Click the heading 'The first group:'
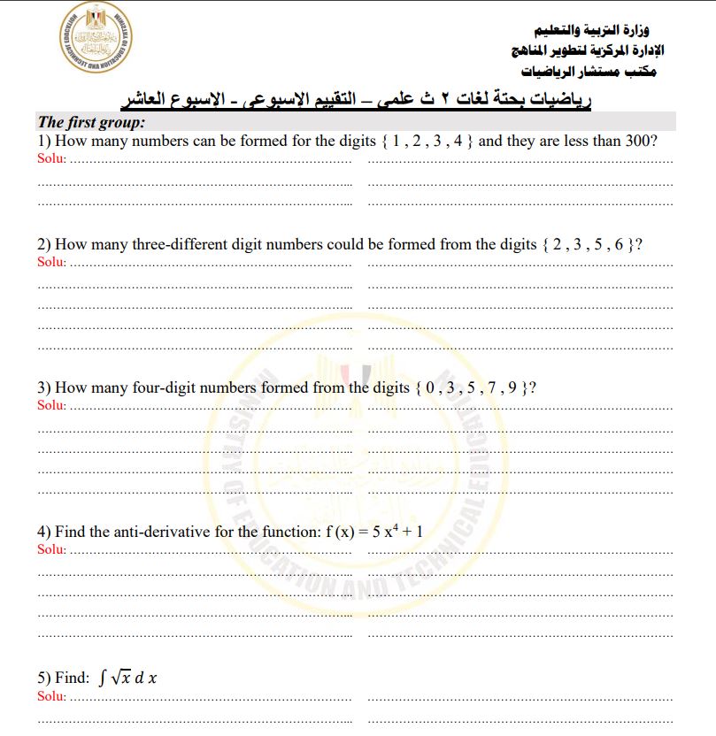click(x=91, y=123)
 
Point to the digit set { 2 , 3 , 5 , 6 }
click(x=587, y=245)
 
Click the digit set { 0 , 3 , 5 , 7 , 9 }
click(x=470, y=387)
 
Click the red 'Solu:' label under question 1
click(x=51, y=159)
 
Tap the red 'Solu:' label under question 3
click(x=51, y=405)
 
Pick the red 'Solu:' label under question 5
click(x=51, y=695)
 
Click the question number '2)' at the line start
click(x=43, y=245)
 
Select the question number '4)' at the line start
click(x=43, y=532)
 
